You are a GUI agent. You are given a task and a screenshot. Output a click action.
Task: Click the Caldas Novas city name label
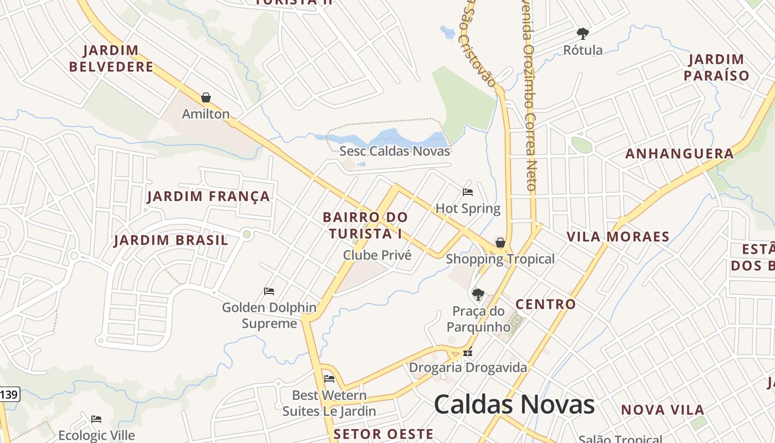(x=514, y=405)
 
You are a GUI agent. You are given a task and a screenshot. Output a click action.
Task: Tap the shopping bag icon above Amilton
(x=206, y=98)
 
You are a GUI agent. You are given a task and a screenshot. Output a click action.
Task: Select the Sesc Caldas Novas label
(x=395, y=151)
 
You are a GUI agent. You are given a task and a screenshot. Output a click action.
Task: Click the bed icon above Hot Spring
(x=468, y=192)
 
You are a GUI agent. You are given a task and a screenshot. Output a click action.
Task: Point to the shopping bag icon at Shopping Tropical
(x=500, y=243)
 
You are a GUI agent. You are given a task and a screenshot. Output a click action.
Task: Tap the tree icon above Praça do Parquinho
(x=478, y=295)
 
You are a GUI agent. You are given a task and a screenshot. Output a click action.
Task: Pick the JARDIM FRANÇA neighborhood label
(x=209, y=196)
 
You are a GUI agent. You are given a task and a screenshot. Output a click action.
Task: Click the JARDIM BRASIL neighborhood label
(x=171, y=240)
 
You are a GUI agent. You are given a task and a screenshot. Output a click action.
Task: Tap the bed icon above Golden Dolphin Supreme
(x=269, y=291)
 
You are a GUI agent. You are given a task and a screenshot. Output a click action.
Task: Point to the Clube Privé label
(x=377, y=255)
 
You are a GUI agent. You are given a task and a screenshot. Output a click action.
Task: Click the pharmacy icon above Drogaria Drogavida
(x=468, y=352)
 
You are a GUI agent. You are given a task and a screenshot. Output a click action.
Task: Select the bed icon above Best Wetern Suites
(x=329, y=379)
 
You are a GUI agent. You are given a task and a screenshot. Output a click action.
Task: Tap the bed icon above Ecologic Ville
(x=96, y=419)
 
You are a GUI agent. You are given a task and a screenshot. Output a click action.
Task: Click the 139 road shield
(x=9, y=395)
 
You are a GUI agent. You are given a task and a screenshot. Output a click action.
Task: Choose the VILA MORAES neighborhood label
(x=618, y=237)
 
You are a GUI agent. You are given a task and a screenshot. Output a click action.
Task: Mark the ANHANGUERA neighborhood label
(x=679, y=154)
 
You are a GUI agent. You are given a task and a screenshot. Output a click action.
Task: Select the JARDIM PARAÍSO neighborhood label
(x=716, y=68)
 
